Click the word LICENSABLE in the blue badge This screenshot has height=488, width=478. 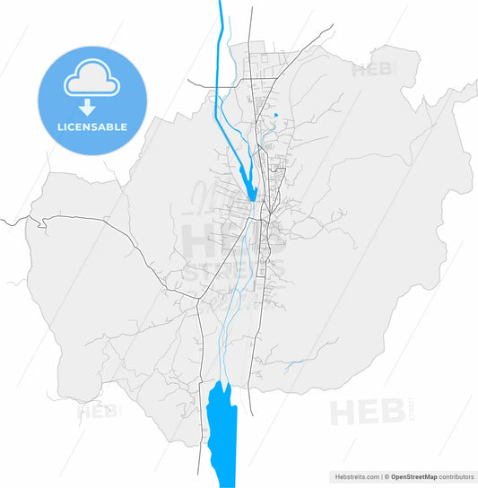coord(91,126)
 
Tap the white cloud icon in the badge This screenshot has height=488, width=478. coord(91,82)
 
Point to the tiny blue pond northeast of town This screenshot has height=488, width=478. coord(275,114)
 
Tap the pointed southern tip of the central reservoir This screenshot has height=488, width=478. coord(253,199)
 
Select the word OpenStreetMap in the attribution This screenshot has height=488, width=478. coord(418,477)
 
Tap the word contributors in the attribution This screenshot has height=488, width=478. coord(458,477)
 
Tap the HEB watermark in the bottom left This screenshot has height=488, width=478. coord(99,414)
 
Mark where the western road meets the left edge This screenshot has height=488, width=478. coord(2,217)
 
